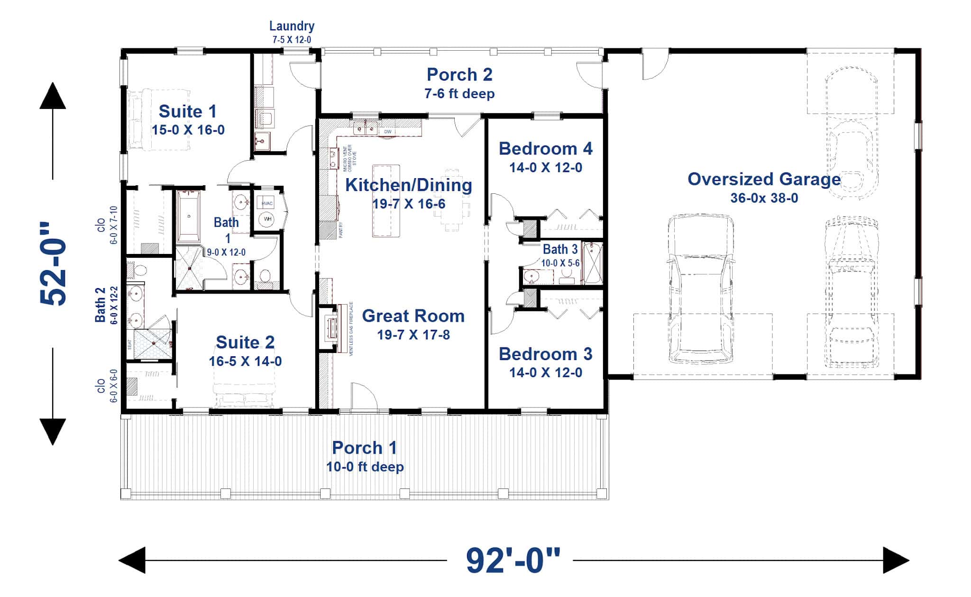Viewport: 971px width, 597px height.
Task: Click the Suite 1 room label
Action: coord(187,112)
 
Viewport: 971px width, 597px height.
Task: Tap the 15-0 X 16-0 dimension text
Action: coord(188,130)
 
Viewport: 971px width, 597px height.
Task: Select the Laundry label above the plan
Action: coord(292,26)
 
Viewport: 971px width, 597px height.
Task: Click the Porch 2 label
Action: coord(459,75)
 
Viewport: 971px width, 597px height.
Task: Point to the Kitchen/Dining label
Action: coord(408,185)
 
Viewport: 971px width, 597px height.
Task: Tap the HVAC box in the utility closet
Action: coord(267,204)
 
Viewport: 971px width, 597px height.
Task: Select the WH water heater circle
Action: coord(267,219)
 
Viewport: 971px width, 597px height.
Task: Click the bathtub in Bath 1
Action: coord(189,217)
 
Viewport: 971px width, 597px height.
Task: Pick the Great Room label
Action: coord(413,316)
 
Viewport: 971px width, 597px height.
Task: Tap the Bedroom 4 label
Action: coord(545,149)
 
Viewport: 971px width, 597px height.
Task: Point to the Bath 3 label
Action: coord(560,249)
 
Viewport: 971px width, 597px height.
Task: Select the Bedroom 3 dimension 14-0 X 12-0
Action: coord(545,372)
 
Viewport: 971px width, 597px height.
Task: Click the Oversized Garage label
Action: coord(764,180)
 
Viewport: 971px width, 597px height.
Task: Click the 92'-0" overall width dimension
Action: coord(513,561)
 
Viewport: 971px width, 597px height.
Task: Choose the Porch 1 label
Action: coord(364,448)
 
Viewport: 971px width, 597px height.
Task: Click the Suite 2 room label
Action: coord(245,342)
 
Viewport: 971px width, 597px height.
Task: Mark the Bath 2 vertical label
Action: coord(101,305)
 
